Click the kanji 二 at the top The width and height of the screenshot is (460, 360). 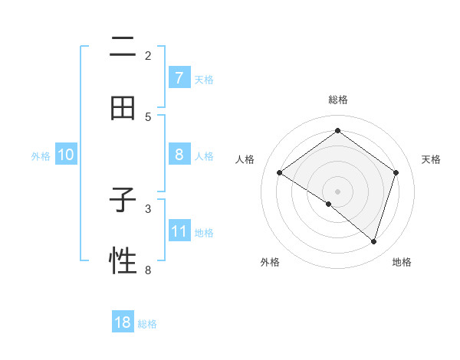coord(123,47)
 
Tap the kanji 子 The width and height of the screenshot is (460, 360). coord(123,201)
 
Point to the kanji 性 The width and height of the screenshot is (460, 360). coord(123,261)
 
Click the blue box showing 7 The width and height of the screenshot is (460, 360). coord(179,78)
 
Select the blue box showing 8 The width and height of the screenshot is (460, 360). coord(179,155)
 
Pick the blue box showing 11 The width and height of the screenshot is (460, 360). coord(179,231)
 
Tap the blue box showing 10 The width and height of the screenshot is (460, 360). coord(66,155)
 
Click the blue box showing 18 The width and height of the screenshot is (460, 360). coord(123,322)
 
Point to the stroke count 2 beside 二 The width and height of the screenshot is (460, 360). coord(148,56)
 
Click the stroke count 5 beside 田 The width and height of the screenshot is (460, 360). coord(148,117)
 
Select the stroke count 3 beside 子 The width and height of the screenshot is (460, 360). coord(148,208)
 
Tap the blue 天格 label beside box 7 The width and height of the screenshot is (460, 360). coord(204,79)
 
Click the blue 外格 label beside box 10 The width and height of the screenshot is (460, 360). coord(41,155)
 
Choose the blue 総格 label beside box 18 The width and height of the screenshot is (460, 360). coord(147,324)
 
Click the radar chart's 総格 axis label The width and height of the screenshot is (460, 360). coord(337,100)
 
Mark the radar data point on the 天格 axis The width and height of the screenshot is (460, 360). coord(396,172)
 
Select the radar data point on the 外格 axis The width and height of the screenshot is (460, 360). coord(329,204)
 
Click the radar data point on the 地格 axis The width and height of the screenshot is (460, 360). coord(373,241)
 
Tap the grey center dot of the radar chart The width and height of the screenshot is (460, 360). coord(337,191)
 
